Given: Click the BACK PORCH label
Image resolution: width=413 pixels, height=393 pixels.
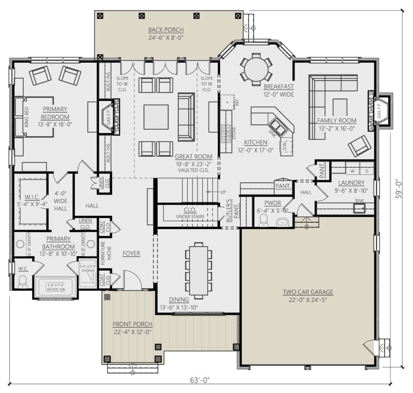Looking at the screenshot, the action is (x=166, y=30).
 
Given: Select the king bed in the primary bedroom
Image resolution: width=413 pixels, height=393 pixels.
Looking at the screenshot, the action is (x=34, y=117).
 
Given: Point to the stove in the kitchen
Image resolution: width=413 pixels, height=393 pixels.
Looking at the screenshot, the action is (x=226, y=133).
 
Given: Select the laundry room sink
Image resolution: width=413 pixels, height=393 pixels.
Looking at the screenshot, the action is (x=359, y=208).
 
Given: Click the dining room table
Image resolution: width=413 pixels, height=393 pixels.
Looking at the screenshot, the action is (x=199, y=270).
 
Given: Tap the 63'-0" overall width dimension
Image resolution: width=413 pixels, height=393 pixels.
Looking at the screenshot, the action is (x=200, y=380).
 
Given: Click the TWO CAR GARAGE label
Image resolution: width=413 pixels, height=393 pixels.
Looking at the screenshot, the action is (x=308, y=292).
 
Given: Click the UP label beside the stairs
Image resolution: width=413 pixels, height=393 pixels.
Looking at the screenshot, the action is (x=223, y=192).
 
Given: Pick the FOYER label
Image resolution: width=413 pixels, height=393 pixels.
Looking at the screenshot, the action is (x=131, y=253).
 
